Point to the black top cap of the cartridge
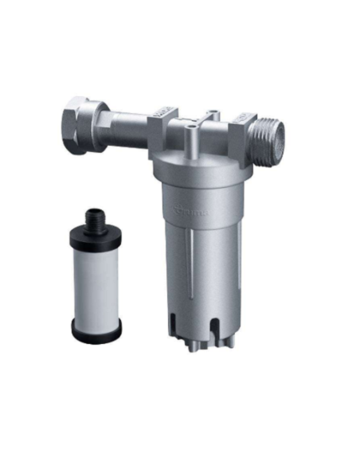(x=95, y=235)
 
